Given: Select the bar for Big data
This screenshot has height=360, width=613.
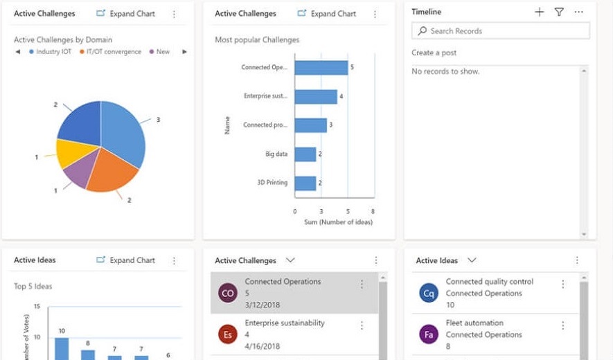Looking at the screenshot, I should (x=305, y=154).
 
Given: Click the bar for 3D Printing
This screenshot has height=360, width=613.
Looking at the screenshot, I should (x=305, y=183).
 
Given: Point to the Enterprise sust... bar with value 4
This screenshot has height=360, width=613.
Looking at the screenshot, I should (x=316, y=96).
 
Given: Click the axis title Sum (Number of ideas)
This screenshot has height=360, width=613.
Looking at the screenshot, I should (x=338, y=222).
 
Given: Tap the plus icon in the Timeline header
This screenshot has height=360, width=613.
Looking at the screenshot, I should (x=540, y=12).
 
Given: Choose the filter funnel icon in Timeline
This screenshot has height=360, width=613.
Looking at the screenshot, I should (x=559, y=12).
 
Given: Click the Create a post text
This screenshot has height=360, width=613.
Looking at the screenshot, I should (x=434, y=53).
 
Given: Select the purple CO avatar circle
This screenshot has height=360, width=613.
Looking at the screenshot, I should (x=227, y=294).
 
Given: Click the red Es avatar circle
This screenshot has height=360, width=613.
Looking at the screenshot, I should (x=227, y=334).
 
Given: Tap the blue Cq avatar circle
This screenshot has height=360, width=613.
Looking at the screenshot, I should (x=429, y=294).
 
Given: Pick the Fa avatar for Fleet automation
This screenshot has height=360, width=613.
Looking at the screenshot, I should (x=429, y=334).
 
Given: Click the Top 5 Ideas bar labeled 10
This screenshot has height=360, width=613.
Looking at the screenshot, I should (x=62, y=348).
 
